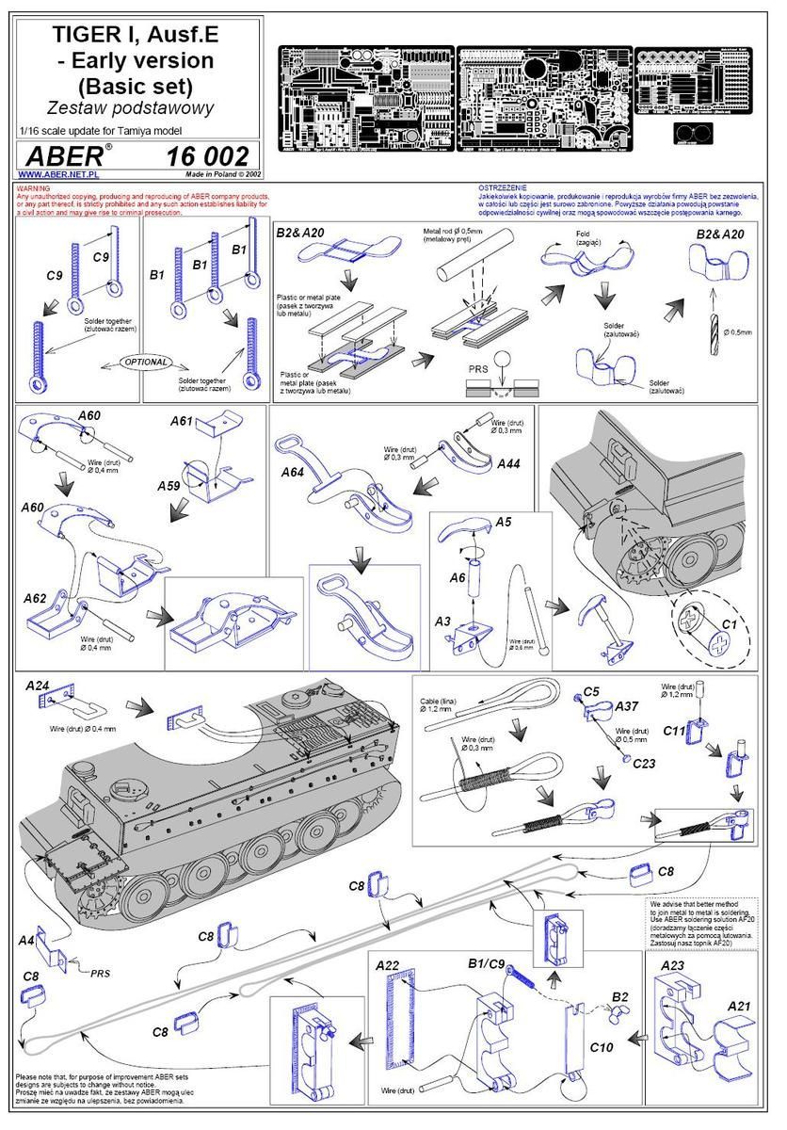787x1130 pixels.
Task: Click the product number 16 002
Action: [207, 156]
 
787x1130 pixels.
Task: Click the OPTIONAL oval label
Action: [146, 362]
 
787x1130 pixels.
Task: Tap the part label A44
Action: [507, 463]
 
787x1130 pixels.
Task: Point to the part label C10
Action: [602, 1046]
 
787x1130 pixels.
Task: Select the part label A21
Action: [740, 1007]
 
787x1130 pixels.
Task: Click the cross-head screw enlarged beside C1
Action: [702, 643]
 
